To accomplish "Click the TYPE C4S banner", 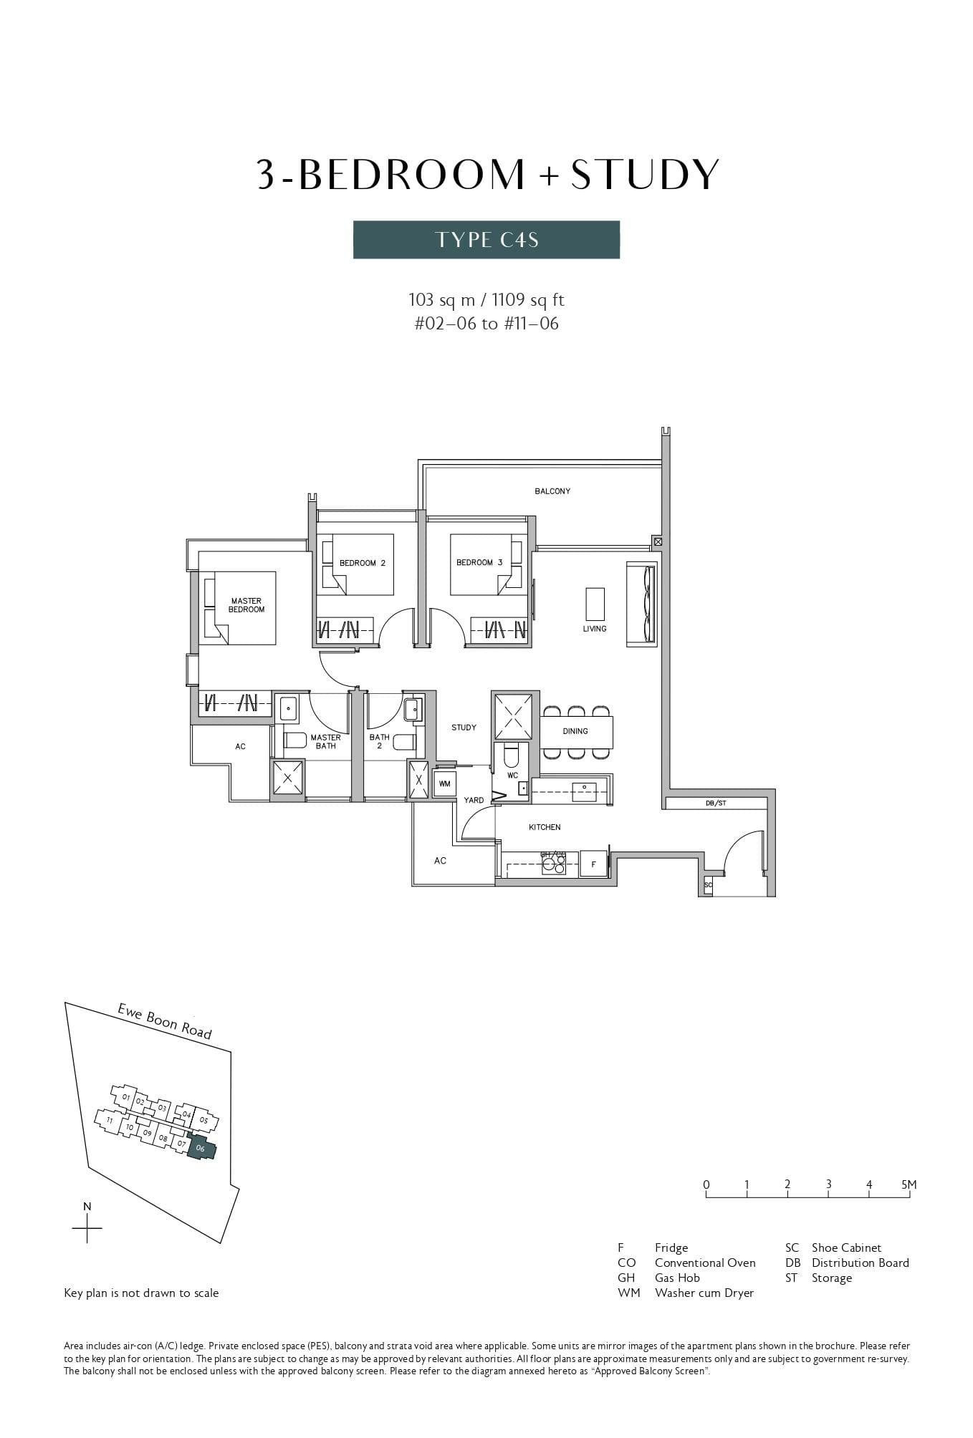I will [486, 239].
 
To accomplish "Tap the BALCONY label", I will [552, 491].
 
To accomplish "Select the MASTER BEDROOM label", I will [246, 605].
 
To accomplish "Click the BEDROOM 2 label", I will [362, 563].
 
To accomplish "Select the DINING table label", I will [575, 731].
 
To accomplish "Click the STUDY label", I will [464, 728].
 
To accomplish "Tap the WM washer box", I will [444, 784].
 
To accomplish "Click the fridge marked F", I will [593, 864].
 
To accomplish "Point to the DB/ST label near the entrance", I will [715, 804].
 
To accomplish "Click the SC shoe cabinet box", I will [708, 885].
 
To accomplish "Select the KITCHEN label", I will [545, 827].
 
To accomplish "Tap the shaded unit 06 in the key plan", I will [201, 1148].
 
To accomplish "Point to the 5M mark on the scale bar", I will [909, 1185].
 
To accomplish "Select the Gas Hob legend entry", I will [676, 1278].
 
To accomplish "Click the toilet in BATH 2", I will [403, 742].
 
